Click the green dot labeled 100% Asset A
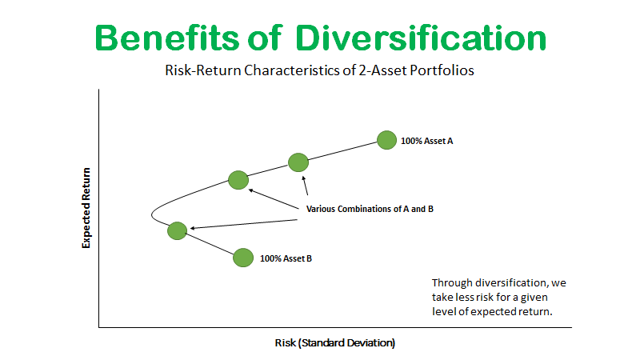click(386, 140)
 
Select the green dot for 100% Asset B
click(243, 258)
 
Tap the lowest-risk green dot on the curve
click(177, 230)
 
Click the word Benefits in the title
click(166, 38)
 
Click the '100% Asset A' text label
click(426, 141)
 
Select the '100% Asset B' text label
click(286, 258)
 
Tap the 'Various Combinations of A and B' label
click(370, 209)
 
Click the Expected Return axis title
click(86, 208)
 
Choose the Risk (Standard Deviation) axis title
click(335, 342)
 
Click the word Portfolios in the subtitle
click(442, 70)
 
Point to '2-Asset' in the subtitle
click(383, 70)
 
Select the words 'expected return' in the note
click(511, 311)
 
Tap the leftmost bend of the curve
click(151, 215)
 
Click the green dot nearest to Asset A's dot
click(298, 162)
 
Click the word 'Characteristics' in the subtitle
click(292, 70)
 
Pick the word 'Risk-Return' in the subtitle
click(203, 70)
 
